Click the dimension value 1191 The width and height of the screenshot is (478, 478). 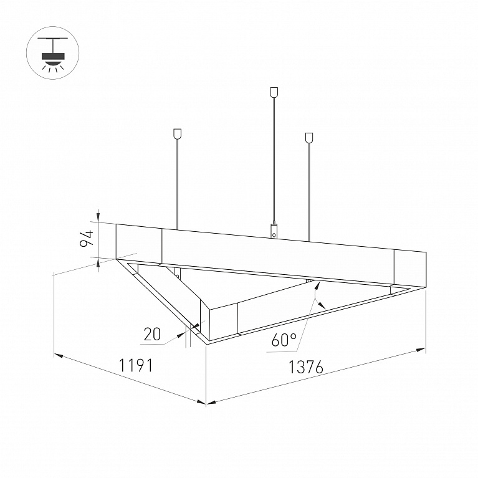(135, 365)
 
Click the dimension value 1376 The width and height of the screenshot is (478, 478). (305, 367)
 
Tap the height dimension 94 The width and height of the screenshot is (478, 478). (86, 239)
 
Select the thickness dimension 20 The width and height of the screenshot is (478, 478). (152, 334)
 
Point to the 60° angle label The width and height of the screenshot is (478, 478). (284, 340)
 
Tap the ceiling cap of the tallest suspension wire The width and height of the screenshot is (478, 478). (274, 92)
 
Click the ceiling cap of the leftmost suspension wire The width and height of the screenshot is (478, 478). (177, 134)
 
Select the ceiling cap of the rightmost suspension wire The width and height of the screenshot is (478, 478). (309, 138)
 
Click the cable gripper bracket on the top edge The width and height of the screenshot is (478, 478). (274, 230)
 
